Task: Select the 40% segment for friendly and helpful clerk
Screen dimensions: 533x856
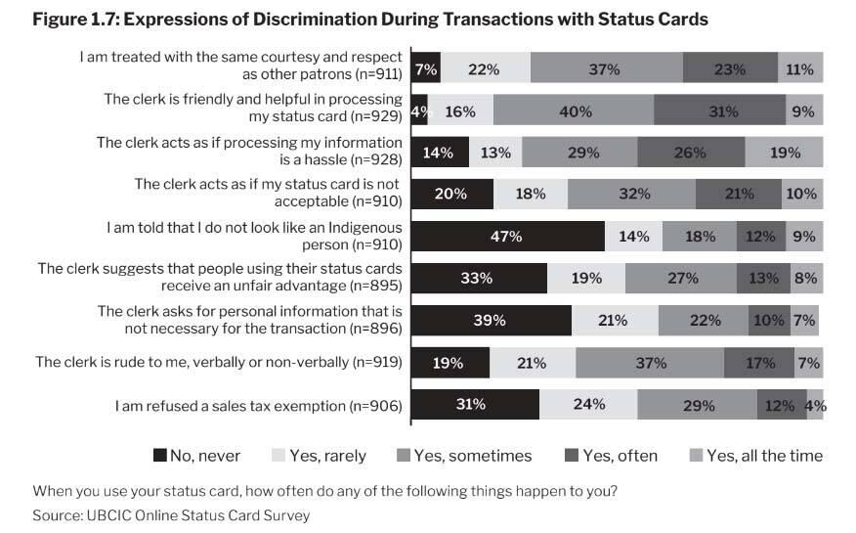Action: click(x=575, y=111)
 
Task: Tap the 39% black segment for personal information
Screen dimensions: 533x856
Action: click(x=492, y=320)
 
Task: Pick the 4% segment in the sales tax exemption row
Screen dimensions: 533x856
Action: click(x=815, y=404)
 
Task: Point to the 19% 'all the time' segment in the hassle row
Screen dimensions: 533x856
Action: click(x=784, y=153)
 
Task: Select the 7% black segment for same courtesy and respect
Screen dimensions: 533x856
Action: click(x=426, y=69)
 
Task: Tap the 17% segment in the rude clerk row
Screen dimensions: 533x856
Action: click(x=759, y=362)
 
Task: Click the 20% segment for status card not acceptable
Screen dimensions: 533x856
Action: click(x=450, y=194)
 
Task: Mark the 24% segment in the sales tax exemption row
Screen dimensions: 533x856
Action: click(x=589, y=404)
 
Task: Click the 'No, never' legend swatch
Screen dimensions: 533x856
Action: click(x=160, y=455)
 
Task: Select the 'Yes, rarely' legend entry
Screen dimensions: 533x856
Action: click(x=326, y=455)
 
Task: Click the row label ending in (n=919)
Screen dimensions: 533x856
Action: click(x=220, y=362)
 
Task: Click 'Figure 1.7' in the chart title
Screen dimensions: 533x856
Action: click(x=72, y=19)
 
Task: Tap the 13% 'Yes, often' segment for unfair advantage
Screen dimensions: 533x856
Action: click(x=764, y=278)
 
